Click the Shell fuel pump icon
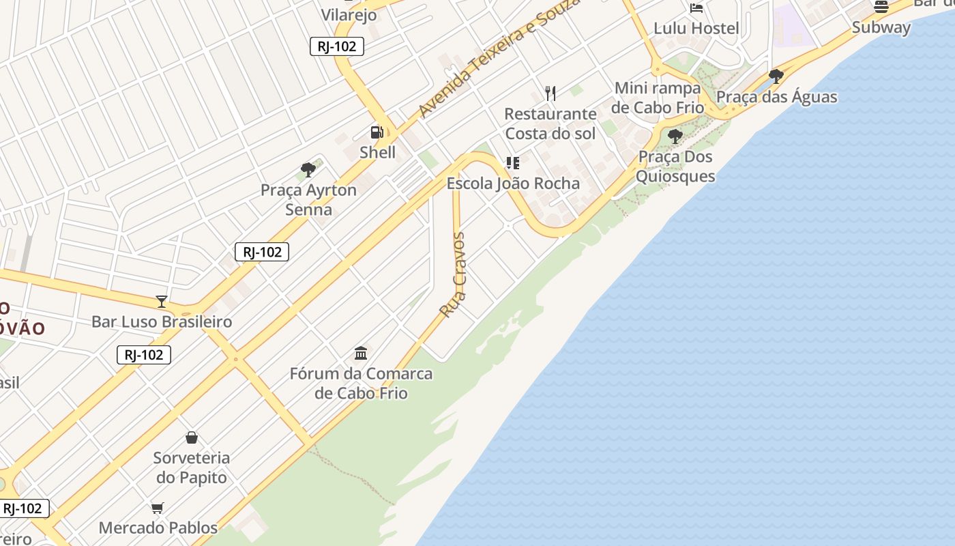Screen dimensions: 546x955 pyautogui.click(x=377, y=132)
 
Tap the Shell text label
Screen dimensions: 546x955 pyautogui.click(x=377, y=152)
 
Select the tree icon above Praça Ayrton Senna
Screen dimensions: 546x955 pyautogui.click(x=308, y=170)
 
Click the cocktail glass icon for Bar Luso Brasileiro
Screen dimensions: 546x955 pyautogui.click(x=162, y=301)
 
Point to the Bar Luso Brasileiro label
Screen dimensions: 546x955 pyautogui.click(x=162, y=321)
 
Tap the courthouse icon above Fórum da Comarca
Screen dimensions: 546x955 pyautogui.click(x=361, y=354)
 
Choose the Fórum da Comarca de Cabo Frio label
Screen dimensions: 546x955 pyautogui.click(x=361, y=384)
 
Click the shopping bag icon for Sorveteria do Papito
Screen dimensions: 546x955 pyautogui.click(x=192, y=437)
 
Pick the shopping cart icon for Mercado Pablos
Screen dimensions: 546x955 pyautogui.click(x=158, y=508)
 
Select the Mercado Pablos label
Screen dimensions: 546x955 pyautogui.click(x=158, y=528)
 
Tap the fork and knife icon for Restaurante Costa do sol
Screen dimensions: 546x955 pyautogui.click(x=550, y=93)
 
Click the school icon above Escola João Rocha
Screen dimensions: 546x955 pyautogui.click(x=512, y=163)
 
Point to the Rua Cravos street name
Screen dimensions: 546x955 pyautogui.click(x=453, y=275)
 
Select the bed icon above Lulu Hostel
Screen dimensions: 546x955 pyautogui.click(x=696, y=8)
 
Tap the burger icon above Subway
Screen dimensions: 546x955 pyautogui.click(x=881, y=7)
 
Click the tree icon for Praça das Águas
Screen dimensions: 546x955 pyautogui.click(x=776, y=76)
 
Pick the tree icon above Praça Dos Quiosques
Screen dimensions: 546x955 pyautogui.click(x=675, y=136)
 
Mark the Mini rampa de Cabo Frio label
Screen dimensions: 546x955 pyautogui.click(x=657, y=98)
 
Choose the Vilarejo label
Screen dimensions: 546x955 pyautogui.click(x=349, y=14)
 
